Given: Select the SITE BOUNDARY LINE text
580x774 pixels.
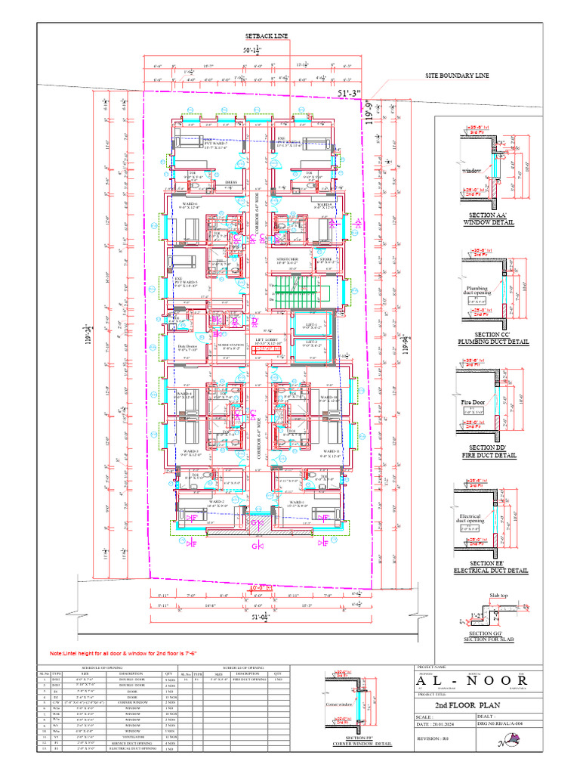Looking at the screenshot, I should click(457, 76).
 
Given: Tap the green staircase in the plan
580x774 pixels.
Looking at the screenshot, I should click(295, 291).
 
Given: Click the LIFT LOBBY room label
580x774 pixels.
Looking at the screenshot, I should click(268, 342).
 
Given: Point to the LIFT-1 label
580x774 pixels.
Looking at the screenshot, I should click(311, 325).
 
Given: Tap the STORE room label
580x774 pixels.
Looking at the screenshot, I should click(325, 260).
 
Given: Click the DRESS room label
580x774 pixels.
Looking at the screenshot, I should click(231, 182).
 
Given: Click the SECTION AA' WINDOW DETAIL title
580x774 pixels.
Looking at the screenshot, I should click(489, 219).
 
